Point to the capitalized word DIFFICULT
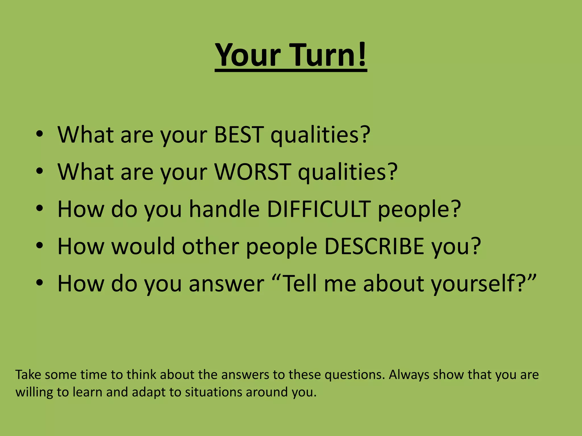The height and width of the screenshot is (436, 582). tap(319, 209)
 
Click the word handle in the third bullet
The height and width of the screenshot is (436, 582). tap(225, 209)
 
